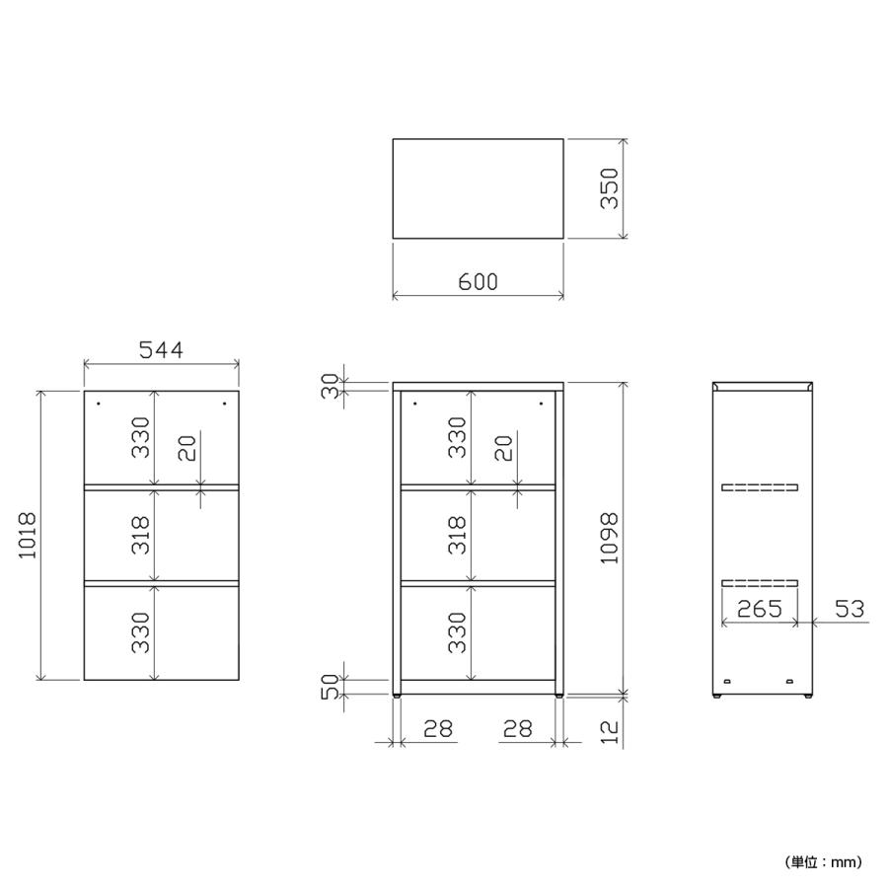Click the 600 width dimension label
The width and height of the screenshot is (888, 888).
click(x=478, y=281)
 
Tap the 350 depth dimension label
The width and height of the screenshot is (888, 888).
click(x=610, y=188)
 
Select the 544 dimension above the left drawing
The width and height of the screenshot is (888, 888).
click(x=162, y=350)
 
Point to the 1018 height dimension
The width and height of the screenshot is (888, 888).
click(x=28, y=535)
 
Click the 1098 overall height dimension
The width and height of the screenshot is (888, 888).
click(x=610, y=539)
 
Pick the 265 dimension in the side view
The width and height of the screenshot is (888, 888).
click(x=760, y=609)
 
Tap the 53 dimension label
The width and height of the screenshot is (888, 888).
click(x=851, y=609)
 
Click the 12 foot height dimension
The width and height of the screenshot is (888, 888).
click(x=610, y=732)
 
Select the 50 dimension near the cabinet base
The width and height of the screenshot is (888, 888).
click(x=331, y=687)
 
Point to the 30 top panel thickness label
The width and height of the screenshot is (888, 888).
click(x=331, y=386)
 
